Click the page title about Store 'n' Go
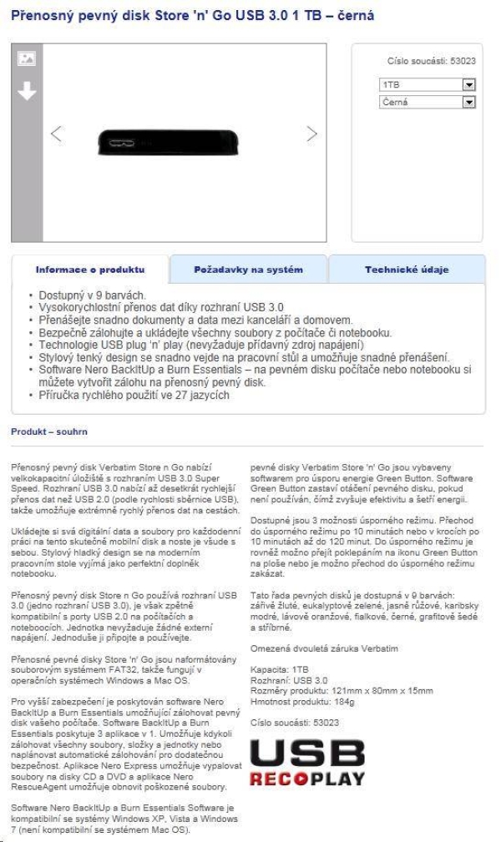180,16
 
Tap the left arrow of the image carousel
56,134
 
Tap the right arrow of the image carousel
312,134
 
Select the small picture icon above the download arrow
27,58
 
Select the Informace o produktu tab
90,270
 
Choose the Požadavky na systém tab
248,270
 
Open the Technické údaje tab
406,270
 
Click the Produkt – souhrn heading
48,431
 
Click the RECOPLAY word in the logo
307,778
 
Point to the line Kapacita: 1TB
279,669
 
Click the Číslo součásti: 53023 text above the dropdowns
432,61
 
